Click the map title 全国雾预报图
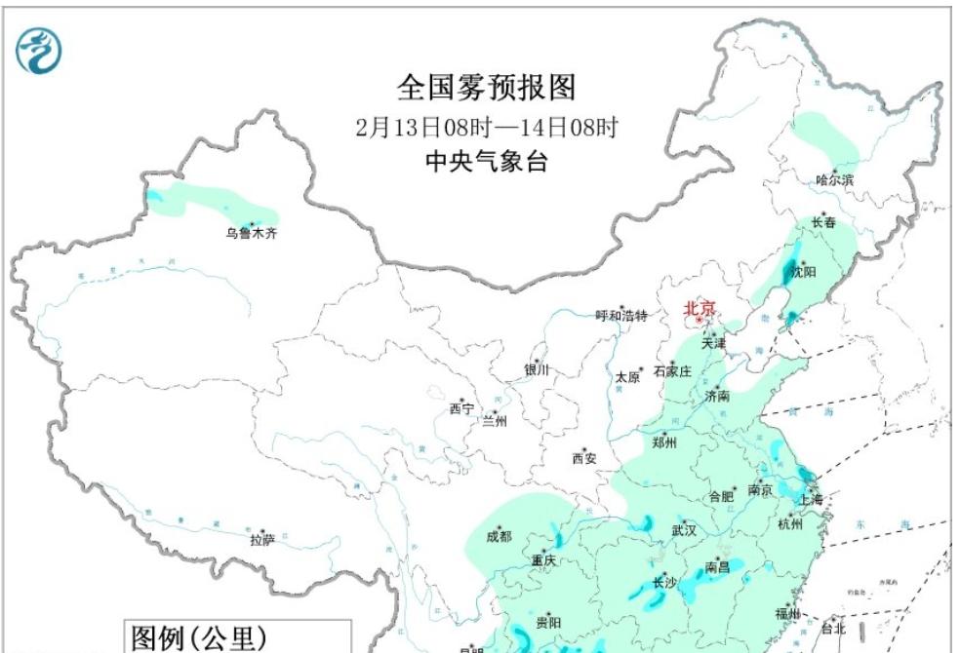point(486,88)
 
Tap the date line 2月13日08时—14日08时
point(487,127)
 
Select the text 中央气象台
point(487,161)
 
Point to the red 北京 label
point(700,308)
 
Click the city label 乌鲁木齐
point(251,234)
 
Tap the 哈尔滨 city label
point(834,179)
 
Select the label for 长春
point(824,222)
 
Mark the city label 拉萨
point(261,539)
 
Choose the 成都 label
point(498,535)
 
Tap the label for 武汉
point(684,531)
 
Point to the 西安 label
point(583,458)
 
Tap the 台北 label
point(832,630)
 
